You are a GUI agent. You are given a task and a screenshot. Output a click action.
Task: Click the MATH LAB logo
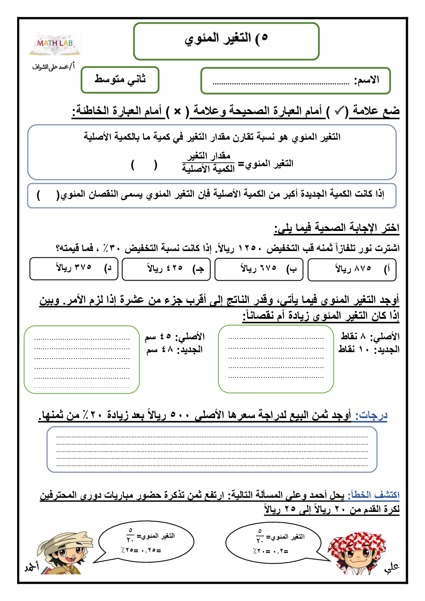[55, 44]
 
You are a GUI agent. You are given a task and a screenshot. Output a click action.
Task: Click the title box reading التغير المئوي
[226, 41]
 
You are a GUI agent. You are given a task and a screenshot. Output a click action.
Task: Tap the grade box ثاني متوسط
[120, 80]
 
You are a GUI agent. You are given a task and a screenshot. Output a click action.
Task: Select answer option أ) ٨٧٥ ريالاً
[352, 269]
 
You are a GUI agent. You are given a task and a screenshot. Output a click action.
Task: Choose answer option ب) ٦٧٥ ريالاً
[259, 269]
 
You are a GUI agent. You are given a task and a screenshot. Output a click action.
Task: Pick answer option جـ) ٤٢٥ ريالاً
[166, 269]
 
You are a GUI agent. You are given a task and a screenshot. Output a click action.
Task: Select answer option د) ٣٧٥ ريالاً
[74, 269]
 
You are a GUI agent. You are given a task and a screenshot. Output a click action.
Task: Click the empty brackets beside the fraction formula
[144, 165]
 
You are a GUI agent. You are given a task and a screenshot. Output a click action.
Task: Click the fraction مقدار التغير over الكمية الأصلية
[208, 162]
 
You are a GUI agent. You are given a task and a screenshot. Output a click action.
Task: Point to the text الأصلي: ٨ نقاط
[370, 336]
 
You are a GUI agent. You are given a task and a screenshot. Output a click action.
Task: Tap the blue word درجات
[371, 415]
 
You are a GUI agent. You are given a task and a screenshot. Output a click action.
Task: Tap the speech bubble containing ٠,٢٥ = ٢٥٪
[147, 542]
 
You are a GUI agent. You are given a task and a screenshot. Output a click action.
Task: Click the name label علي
[392, 567]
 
